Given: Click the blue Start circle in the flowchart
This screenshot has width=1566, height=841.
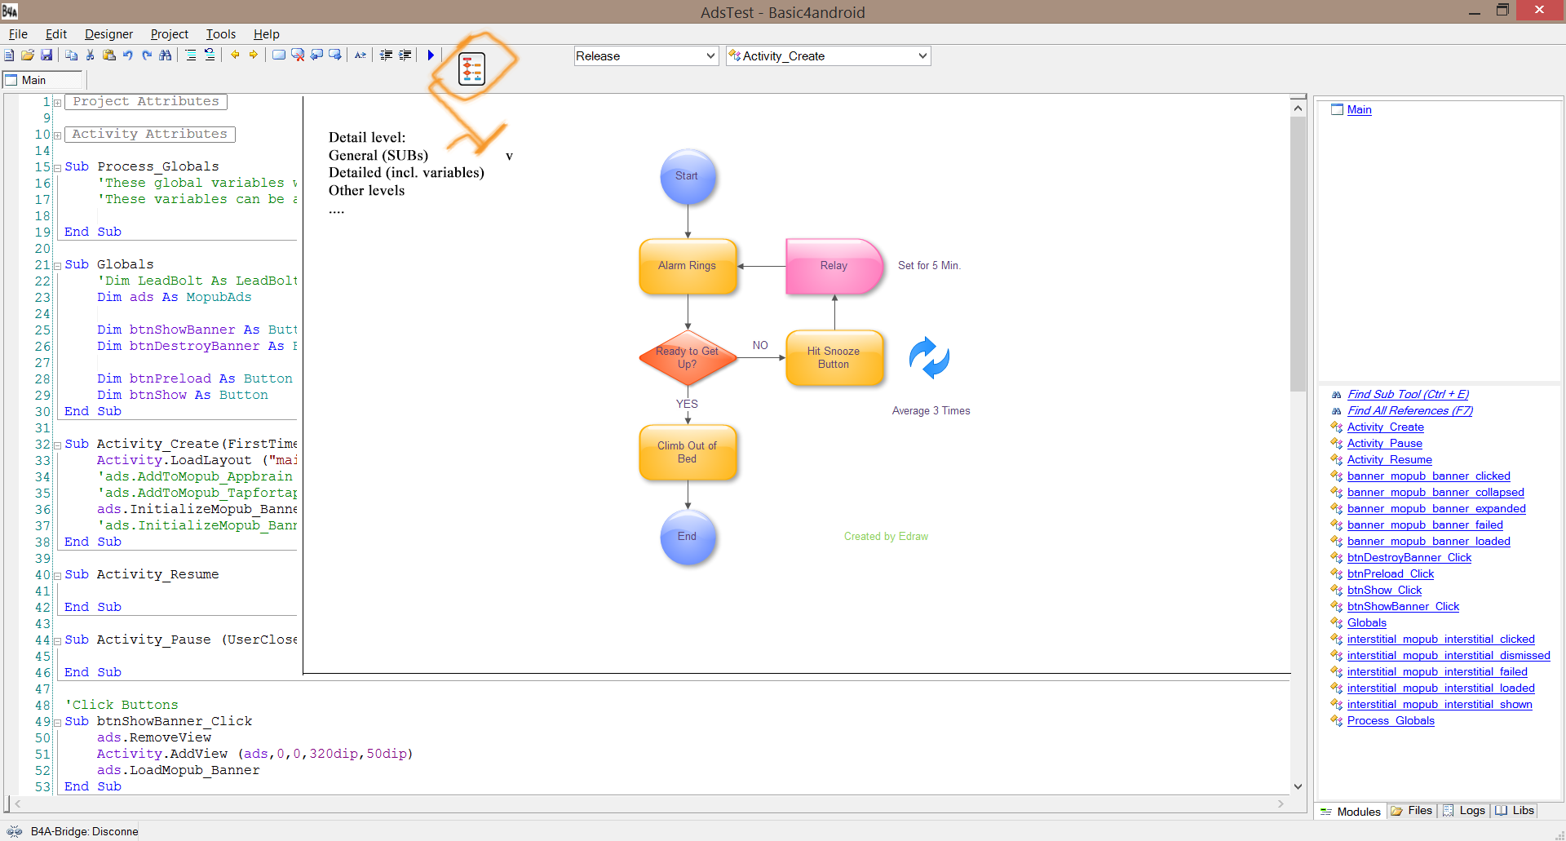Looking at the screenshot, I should [687, 176].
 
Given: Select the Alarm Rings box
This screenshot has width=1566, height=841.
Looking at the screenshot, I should [688, 266].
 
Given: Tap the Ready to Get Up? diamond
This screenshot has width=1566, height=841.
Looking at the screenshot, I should [688, 357].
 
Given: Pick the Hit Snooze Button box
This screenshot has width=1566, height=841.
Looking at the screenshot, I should [834, 357].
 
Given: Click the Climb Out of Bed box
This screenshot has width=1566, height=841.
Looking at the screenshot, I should [688, 452].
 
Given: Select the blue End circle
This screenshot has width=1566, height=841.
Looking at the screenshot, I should [688, 537].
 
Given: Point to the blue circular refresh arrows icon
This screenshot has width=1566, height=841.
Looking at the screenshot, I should [929, 358].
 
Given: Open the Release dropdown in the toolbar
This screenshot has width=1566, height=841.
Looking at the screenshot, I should [645, 56].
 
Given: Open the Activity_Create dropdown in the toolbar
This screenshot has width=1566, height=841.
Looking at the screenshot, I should [828, 56].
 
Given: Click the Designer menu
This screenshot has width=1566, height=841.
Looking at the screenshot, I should [108, 34].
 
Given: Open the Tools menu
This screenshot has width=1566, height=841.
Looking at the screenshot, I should [220, 34].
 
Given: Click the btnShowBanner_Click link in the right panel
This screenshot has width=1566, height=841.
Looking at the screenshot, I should [1403, 606].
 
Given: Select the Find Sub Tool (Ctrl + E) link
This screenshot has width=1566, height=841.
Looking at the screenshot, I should [1408, 394].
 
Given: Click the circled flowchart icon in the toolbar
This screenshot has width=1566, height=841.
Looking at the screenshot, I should [471, 69].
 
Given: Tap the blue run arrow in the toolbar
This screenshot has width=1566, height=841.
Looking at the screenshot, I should [431, 55].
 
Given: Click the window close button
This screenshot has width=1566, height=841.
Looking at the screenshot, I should [1538, 10].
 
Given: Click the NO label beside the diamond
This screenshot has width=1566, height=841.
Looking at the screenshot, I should [760, 345].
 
